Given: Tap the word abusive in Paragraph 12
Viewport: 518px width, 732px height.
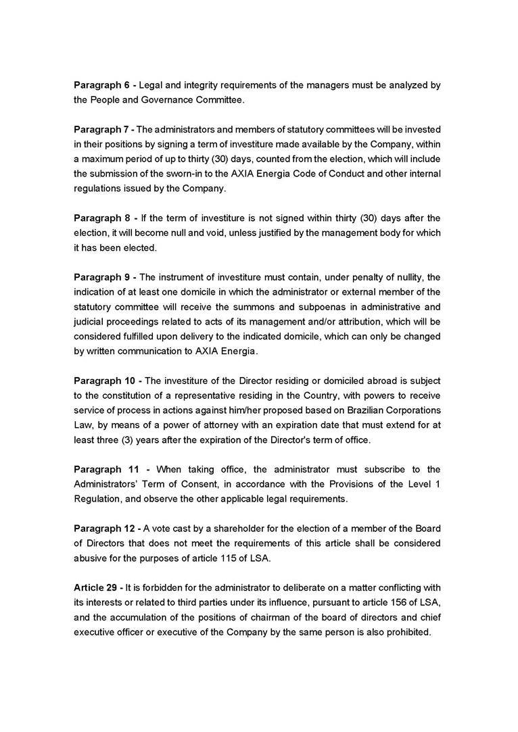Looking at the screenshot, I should [90, 558].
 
